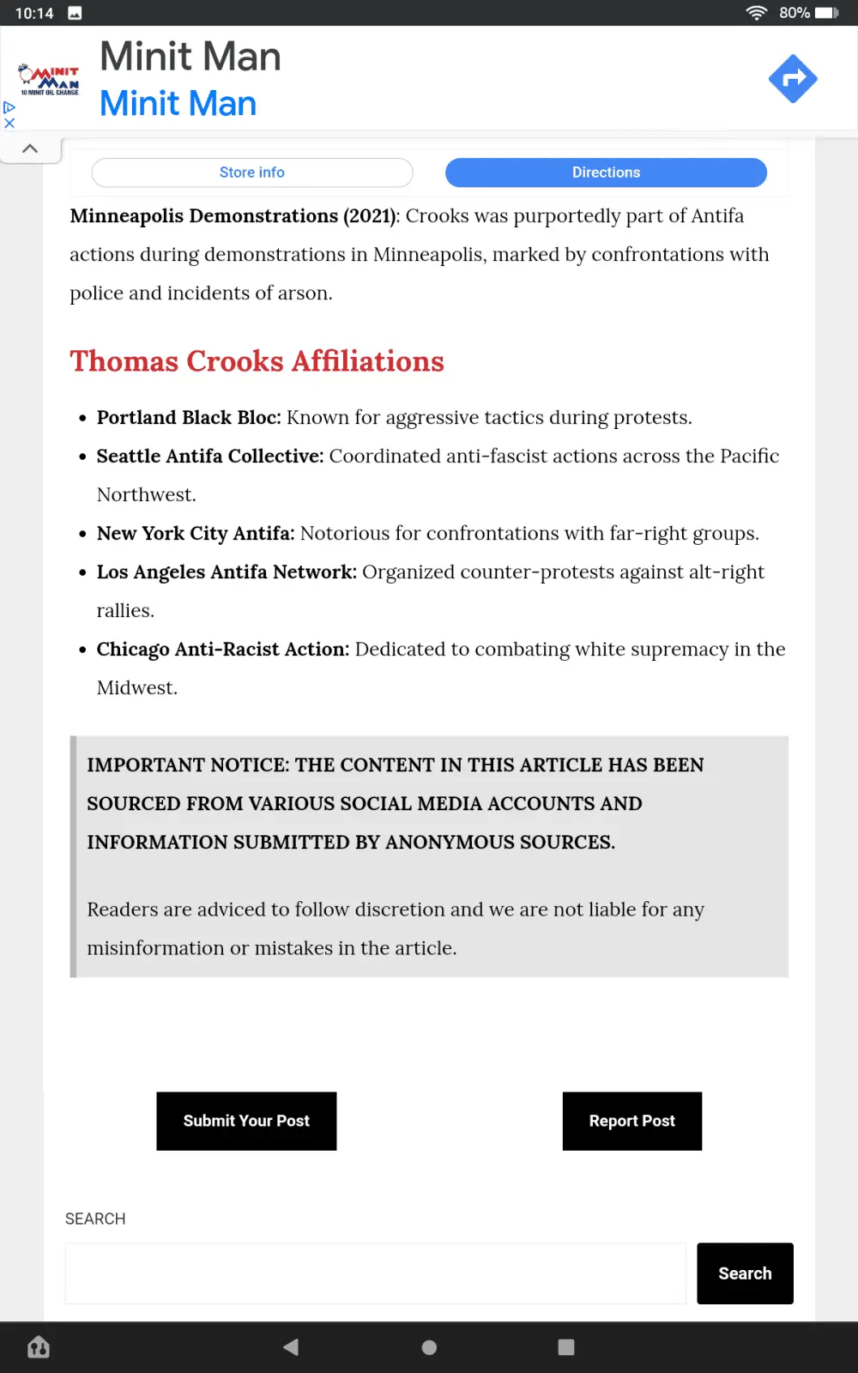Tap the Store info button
[x=251, y=172]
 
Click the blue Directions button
[x=606, y=172]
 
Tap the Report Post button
[x=631, y=1121]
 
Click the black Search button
[x=744, y=1273]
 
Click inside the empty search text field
[x=375, y=1273]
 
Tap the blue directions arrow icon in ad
[x=792, y=79]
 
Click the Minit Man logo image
[x=50, y=79]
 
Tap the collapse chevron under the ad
[x=30, y=148]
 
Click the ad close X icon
[x=9, y=124]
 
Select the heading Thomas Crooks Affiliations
[x=257, y=361]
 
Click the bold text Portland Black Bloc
[x=188, y=418]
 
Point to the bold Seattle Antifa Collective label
[x=209, y=457]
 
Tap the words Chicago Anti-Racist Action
[x=222, y=650]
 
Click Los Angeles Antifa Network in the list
[x=226, y=572]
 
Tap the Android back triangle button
[x=292, y=1347]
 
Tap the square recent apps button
[x=566, y=1347]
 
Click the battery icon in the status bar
[x=826, y=13]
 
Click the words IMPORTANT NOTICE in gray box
[x=186, y=765]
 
